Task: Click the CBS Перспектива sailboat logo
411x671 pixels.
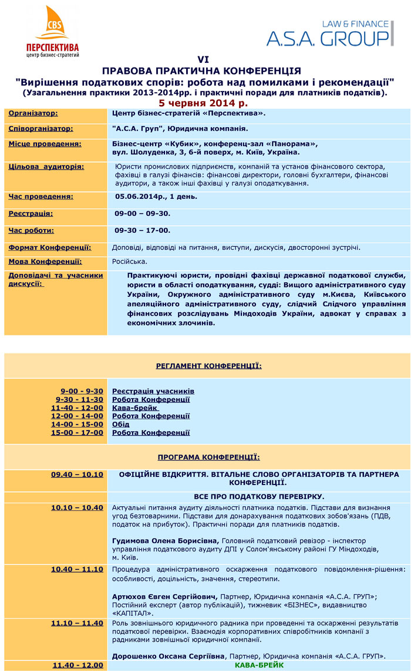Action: tap(53, 31)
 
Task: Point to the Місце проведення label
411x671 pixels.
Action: tap(45, 144)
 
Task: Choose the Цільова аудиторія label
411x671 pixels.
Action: tap(46, 167)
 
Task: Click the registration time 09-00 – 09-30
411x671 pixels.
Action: tap(143, 213)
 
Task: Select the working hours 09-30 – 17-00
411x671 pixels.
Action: tap(143, 231)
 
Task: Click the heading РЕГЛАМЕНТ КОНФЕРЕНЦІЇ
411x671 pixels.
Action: tap(208, 366)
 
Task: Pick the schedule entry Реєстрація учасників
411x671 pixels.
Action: tap(153, 391)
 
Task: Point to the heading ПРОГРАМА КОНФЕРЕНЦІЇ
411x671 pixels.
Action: tap(208, 457)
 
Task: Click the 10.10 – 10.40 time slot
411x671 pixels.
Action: tap(77, 507)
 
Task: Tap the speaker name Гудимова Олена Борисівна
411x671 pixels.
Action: tap(165, 540)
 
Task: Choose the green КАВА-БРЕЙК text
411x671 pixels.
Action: tap(260, 665)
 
